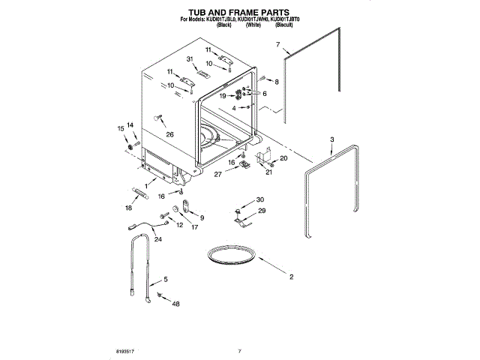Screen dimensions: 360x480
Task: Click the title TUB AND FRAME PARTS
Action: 238,13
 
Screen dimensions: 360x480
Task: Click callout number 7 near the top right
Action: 278,46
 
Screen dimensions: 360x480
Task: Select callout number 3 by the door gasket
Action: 332,139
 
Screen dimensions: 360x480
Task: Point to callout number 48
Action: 175,304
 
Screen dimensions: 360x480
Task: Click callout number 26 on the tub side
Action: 169,135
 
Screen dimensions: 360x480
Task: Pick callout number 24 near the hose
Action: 158,239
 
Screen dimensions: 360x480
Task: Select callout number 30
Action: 259,199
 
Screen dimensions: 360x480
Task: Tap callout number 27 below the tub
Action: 217,174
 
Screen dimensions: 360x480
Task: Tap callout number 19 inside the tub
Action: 223,96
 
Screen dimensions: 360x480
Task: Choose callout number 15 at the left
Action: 121,128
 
